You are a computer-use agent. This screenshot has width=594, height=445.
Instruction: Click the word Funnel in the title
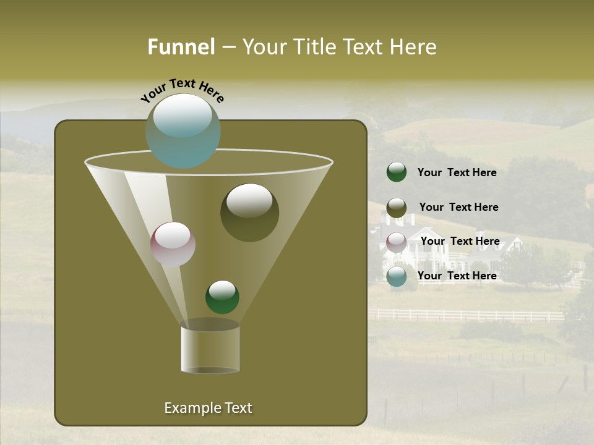click(181, 47)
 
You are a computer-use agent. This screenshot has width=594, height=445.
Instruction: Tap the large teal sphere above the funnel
click(183, 130)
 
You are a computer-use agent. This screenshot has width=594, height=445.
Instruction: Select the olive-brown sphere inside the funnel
click(249, 213)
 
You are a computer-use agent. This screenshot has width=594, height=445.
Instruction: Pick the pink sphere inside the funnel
click(173, 244)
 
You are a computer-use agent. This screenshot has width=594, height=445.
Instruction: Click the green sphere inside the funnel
click(222, 297)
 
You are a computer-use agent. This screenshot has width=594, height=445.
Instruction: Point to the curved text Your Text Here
click(183, 90)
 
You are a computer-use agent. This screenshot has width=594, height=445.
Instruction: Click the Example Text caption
click(208, 408)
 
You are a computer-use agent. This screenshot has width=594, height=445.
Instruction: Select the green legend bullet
click(397, 172)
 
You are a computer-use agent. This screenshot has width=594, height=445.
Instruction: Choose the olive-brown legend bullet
click(397, 208)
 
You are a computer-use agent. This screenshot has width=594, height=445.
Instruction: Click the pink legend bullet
click(397, 242)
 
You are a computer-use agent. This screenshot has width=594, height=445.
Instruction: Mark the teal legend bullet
click(397, 276)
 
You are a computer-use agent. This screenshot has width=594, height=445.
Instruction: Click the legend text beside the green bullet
click(457, 173)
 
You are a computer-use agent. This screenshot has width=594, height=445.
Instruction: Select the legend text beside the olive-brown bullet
click(458, 208)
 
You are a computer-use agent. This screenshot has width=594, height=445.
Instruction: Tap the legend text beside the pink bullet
click(460, 241)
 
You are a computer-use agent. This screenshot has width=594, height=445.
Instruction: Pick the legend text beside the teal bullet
click(457, 276)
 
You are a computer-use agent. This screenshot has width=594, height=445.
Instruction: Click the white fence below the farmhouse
click(470, 316)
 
